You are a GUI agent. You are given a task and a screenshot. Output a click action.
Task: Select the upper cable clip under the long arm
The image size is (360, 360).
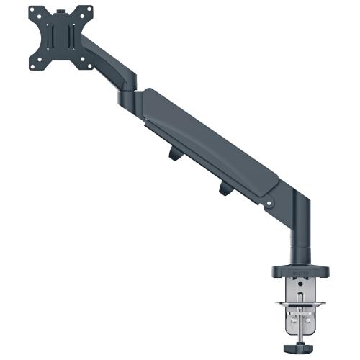[175, 153]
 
